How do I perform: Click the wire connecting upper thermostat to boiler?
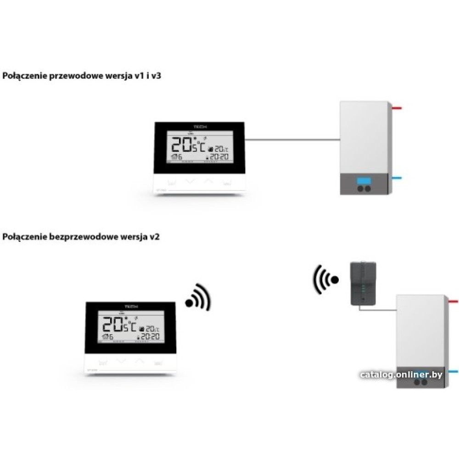pos(292,138)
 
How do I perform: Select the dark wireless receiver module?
pos(363,283)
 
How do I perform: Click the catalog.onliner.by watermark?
pos(401,375)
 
